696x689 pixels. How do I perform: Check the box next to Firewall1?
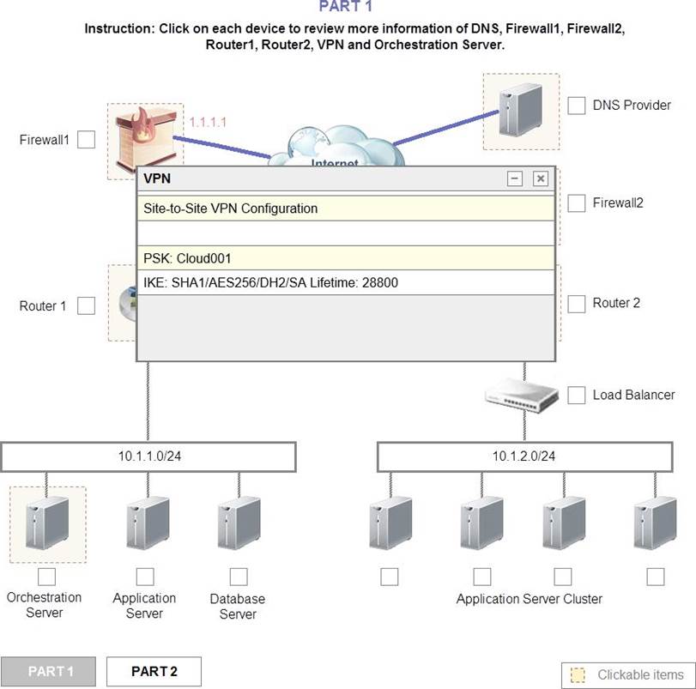coord(86,140)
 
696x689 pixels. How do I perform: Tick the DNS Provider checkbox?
coord(577,106)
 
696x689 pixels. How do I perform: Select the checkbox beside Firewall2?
coord(577,203)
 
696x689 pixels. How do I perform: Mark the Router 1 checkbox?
coord(86,305)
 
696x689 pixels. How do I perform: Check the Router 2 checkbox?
coord(577,304)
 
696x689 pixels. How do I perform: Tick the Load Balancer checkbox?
coord(577,395)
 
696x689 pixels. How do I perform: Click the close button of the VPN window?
coord(540,178)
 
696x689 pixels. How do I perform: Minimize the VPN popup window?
coord(515,178)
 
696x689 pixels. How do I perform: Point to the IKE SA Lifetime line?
coord(271,282)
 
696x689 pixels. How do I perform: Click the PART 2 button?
coord(154,671)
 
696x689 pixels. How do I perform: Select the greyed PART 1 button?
coord(50,671)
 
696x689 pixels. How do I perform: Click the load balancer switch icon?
coord(521,394)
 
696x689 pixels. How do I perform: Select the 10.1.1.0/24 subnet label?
coord(149,456)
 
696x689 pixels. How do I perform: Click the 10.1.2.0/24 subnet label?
coord(524,456)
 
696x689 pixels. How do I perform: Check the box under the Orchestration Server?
coord(46,577)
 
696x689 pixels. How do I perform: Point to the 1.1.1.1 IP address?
coord(208,123)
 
